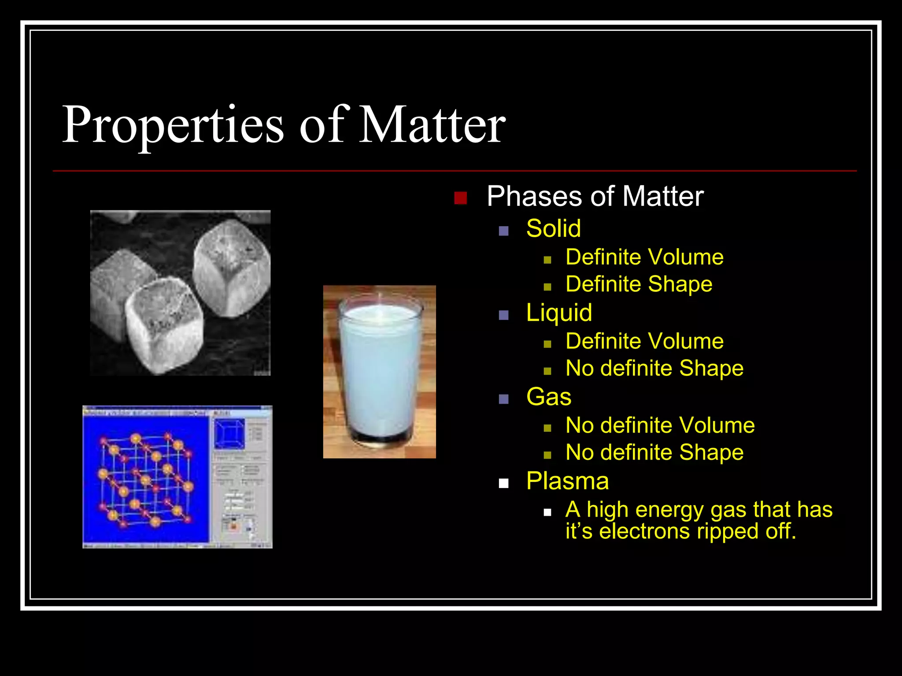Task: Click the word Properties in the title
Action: tap(173, 125)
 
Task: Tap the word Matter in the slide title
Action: tap(432, 125)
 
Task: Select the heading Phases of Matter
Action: tap(595, 196)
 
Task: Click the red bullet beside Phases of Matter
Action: tap(460, 198)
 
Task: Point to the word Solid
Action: tap(553, 229)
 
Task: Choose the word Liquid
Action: tap(559, 313)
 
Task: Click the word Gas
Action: tap(548, 397)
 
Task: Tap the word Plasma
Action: tap(567, 481)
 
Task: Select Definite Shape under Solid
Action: tap(639, 284)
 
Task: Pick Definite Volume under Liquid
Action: tap(644, 342)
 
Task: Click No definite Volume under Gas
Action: tap(660, 426)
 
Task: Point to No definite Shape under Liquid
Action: tap(654, 368)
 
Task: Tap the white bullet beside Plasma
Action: tap(504, 484)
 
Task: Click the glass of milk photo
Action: tap(379, 372)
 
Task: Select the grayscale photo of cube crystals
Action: tap(180, 293)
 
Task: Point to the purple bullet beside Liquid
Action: tap(504, 315)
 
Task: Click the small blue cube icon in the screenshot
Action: tap(229, 434)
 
